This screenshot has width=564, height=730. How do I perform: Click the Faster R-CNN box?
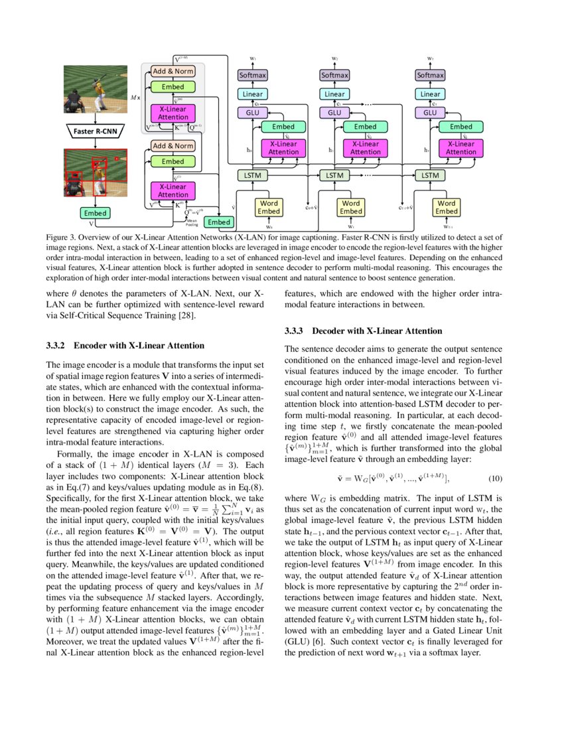[x=96, y=131]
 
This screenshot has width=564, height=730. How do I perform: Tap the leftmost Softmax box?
[x=253, y=76]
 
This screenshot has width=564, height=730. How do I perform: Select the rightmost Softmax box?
[x=430, y=76]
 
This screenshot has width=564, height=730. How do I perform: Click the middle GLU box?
[x=334, y=113]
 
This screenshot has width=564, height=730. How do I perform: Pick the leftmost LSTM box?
[x=253, y=175]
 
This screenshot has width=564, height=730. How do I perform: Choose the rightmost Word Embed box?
[x=447, y=207]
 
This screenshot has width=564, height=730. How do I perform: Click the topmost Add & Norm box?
[x=173, y=70]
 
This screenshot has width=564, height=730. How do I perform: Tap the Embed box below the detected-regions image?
[x=96, y=213]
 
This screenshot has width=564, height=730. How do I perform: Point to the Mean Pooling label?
[x=192, y=223]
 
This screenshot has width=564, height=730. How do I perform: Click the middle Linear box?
[x=334, y=94]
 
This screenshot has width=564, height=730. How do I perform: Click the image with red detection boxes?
[x=96, y=175]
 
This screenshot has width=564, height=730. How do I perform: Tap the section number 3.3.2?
[x=56, y=346]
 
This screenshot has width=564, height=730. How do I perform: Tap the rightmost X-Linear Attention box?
[x=460, y=147]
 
